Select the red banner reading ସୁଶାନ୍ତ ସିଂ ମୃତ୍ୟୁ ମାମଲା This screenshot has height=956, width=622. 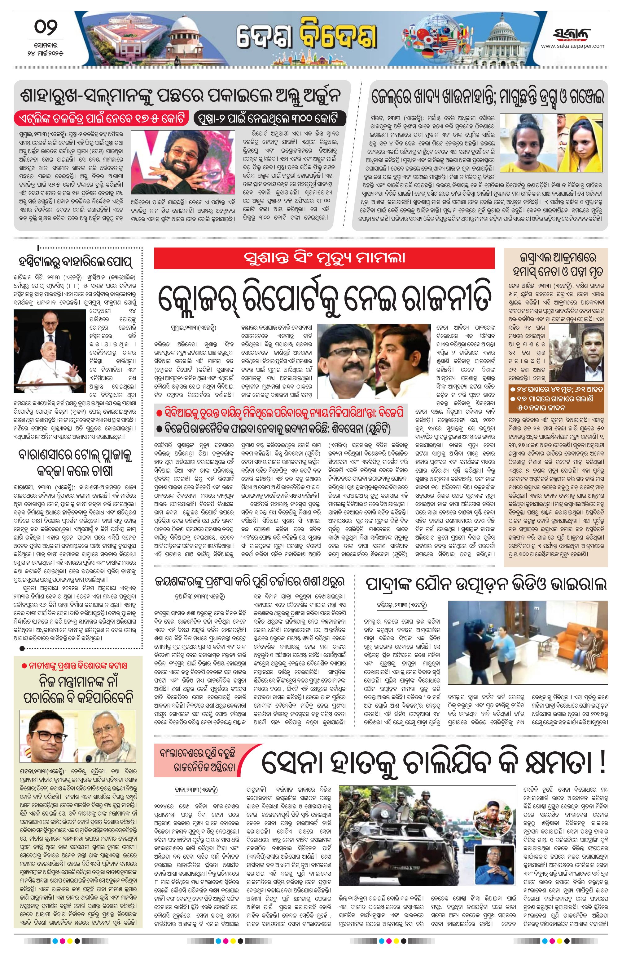pyautogui.click(x=324, y=257)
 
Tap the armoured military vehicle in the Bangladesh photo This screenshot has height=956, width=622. pyautogui.click(x=401, y=816)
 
